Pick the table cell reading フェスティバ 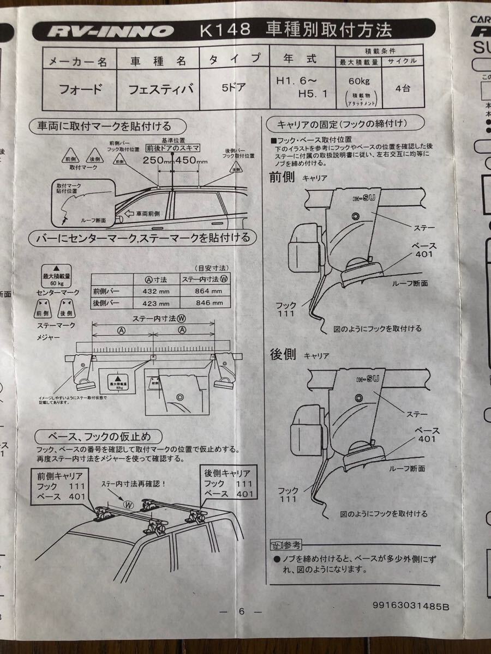tap(160, 89)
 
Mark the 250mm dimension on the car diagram tap(157, 160)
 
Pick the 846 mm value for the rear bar tap(209, 303)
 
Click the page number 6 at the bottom tap(241, 611)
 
